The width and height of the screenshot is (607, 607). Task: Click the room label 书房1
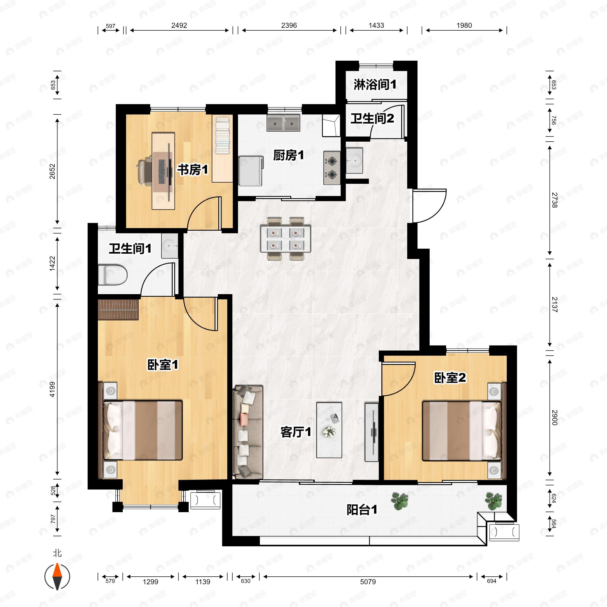192,170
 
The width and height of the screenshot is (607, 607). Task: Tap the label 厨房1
288,155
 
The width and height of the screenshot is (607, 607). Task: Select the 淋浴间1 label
375,84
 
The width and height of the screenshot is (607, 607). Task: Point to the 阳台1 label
362,510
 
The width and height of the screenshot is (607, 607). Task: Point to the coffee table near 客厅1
329,430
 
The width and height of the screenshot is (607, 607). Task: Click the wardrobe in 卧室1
118,310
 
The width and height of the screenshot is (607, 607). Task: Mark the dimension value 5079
368,581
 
